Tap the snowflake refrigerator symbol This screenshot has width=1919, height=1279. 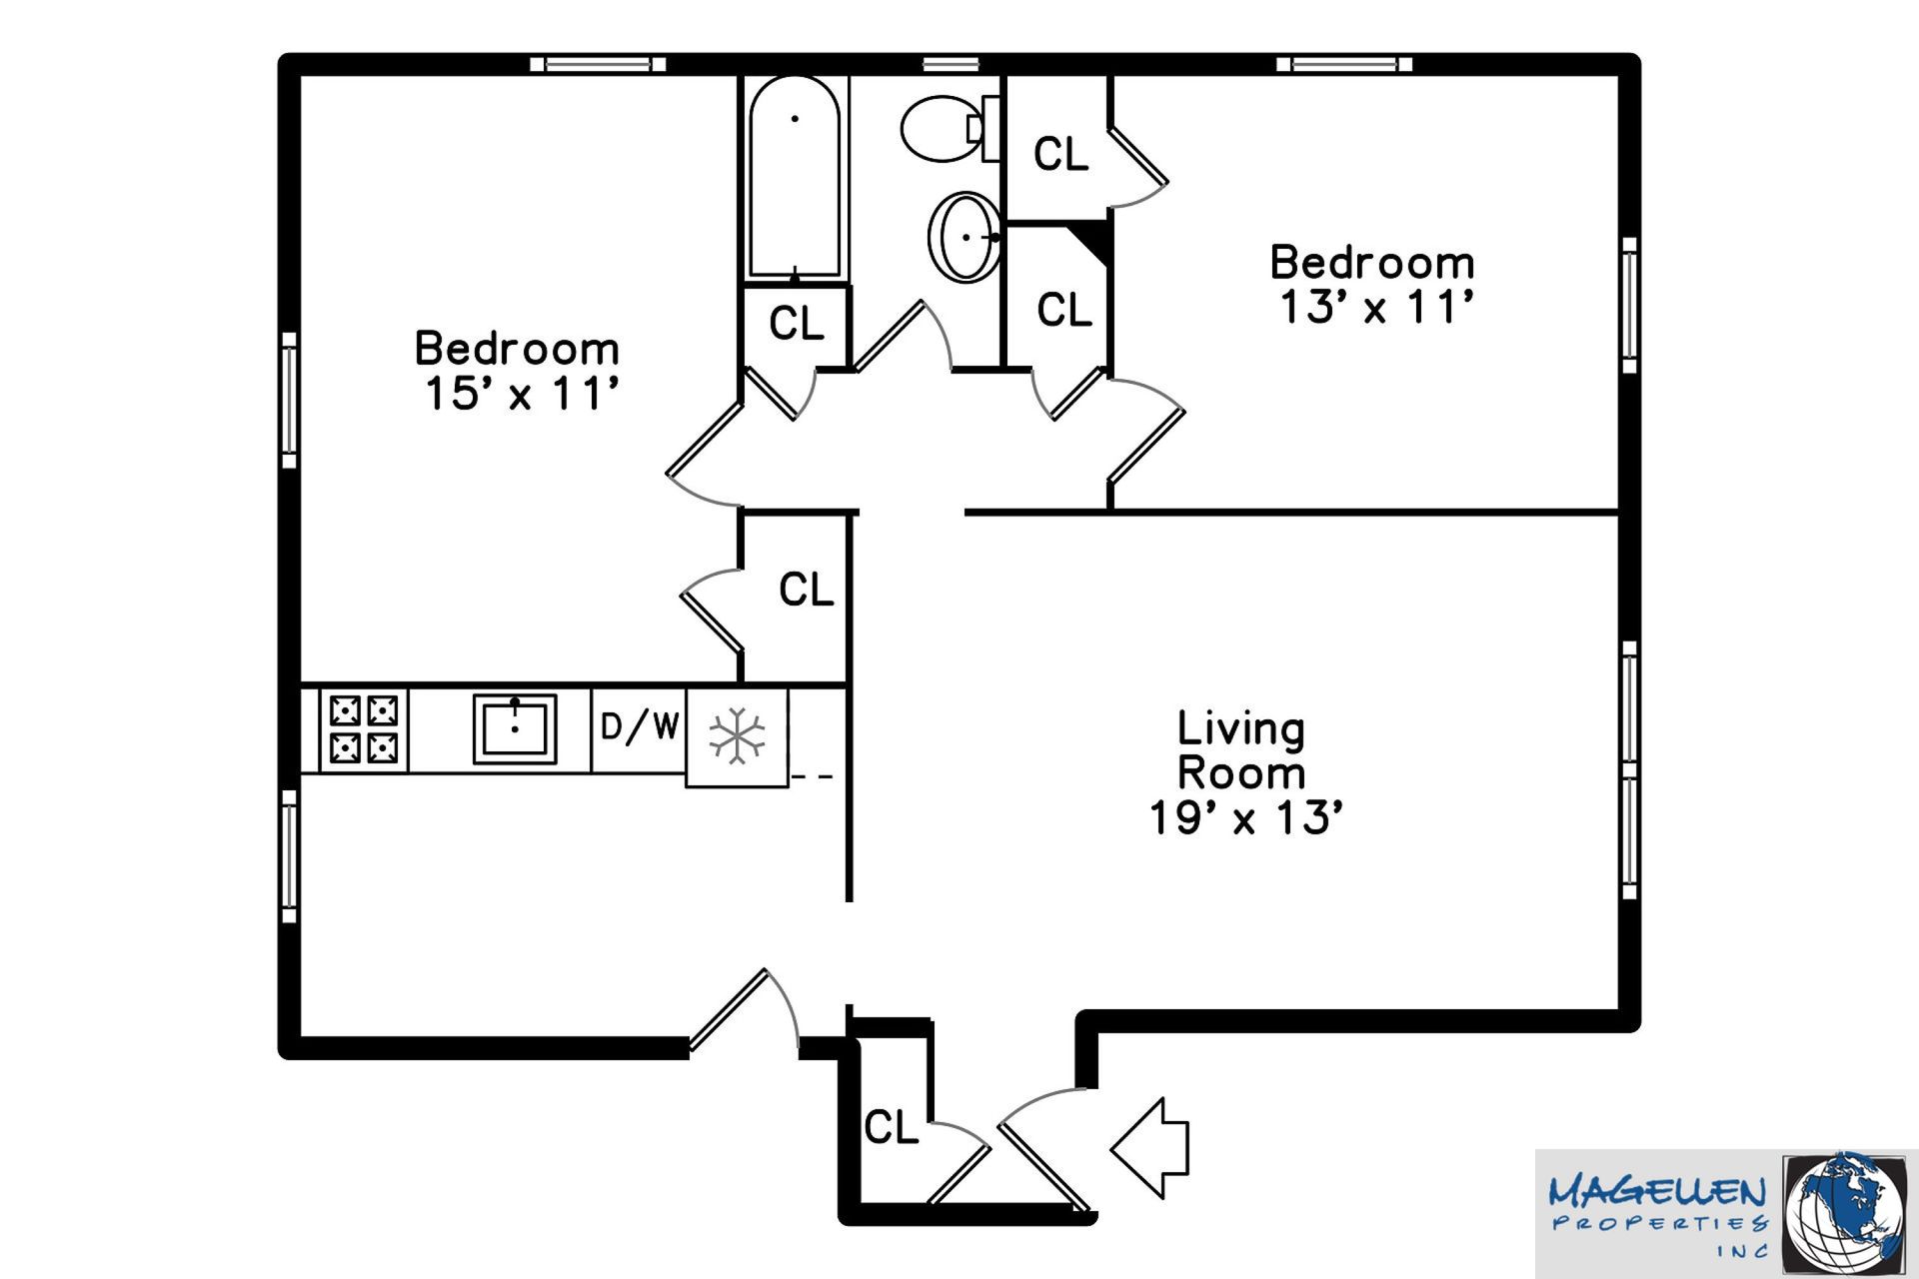point(737,737)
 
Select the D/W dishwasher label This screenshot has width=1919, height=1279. point(640,726)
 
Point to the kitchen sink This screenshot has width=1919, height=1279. point(515,728)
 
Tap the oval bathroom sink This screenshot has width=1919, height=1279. point(965,237)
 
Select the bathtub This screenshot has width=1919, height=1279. point(795,178)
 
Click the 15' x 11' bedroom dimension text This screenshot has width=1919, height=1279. point(519,394)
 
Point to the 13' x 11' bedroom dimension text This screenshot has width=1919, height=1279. point(1375,307)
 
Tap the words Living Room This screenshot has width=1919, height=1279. point(1241,750)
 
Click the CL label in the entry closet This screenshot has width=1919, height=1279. point(891,1127)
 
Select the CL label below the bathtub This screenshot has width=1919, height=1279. point(797,323)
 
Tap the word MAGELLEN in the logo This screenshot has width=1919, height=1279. point(1657,1192)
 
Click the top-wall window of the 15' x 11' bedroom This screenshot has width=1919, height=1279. point(597,64)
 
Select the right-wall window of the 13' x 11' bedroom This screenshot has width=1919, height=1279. point(1629,305)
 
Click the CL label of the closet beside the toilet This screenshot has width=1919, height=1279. point(1060,154)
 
